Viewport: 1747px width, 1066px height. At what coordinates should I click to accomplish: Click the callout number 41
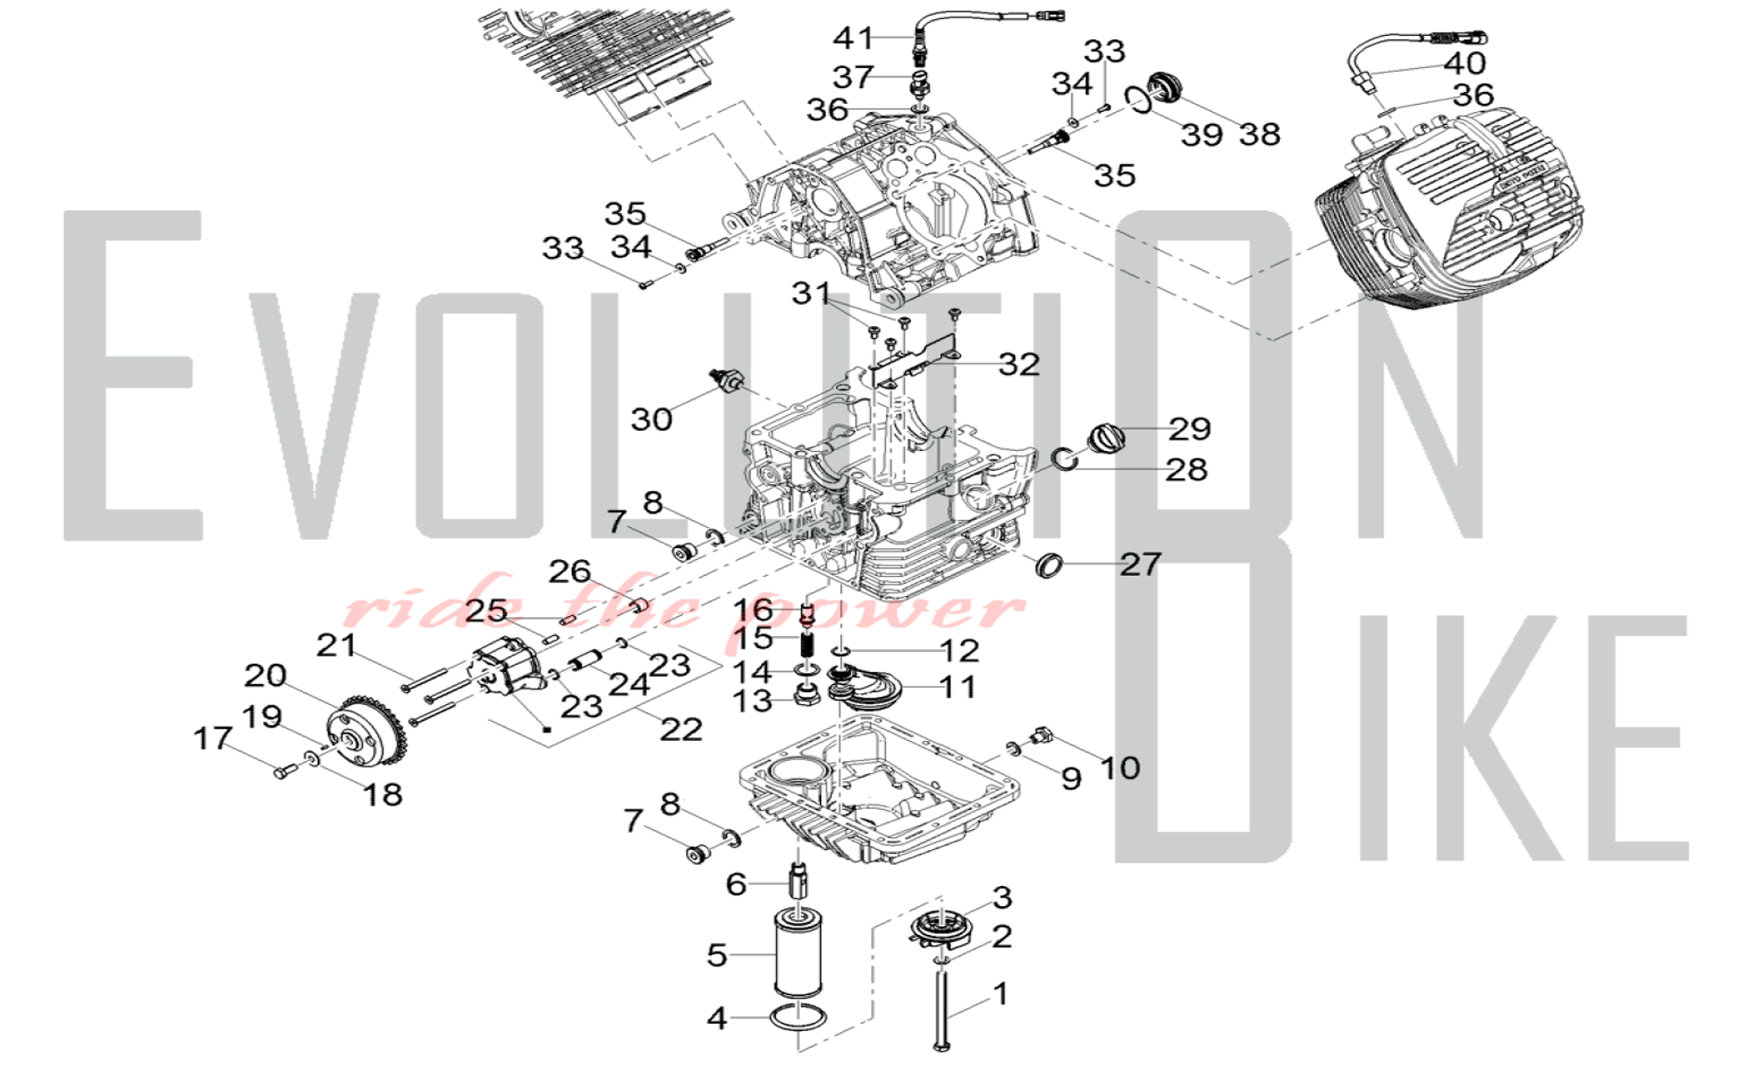[853, 38]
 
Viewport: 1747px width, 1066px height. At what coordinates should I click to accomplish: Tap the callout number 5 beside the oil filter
[716, 954]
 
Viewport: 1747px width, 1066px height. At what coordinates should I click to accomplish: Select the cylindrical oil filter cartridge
[798, 954]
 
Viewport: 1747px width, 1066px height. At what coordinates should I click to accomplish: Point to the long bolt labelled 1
[943, 1005]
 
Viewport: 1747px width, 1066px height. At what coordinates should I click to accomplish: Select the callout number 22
[680, 729]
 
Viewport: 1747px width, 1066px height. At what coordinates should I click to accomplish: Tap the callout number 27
[1140, 564]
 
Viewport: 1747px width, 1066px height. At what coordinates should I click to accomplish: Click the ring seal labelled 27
[1048, 564]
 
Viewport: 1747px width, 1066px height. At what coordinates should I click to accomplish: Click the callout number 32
[1019, 363]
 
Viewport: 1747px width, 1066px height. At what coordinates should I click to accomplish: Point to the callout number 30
[652, 419]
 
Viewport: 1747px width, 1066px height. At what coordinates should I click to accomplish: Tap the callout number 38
[1259, 134]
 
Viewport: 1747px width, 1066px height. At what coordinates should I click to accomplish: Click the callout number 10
[1119, 767]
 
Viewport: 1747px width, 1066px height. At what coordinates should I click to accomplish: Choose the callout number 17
[211, 738]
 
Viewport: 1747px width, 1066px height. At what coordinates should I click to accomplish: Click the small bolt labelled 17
[282, 772]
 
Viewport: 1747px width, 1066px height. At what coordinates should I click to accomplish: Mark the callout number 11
[957, 687]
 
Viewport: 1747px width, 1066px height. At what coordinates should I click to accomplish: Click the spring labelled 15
[808, 647]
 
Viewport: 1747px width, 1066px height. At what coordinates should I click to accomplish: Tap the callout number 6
[735, 884]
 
